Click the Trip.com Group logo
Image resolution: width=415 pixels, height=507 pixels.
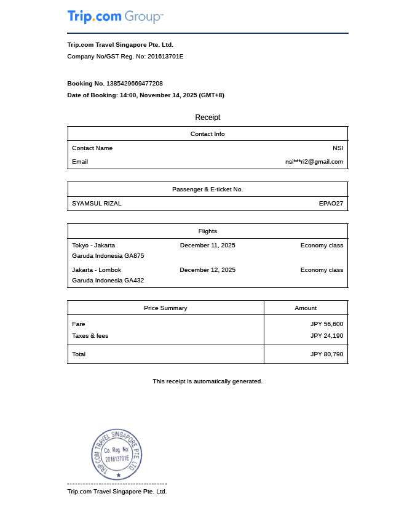[115, 17]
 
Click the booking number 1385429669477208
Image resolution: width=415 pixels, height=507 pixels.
[135, 83]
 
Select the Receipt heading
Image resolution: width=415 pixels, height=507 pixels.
[208, 118]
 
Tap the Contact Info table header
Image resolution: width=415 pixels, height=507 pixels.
[208, 134]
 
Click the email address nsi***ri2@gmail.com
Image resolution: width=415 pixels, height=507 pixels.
[314, 162]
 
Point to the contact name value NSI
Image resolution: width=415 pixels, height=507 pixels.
[338, 148]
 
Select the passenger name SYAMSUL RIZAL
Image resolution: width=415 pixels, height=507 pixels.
[97, 204]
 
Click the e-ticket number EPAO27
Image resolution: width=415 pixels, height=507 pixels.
[331, 204]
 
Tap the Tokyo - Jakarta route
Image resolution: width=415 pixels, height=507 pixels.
[93, 246]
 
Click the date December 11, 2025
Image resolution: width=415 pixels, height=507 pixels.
[208, 246]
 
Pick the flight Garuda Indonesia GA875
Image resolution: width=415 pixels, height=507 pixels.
[108, 256]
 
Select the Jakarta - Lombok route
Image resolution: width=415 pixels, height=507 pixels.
[97, 270]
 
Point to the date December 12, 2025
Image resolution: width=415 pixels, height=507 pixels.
[208, 270]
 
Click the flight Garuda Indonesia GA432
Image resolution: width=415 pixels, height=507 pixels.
[108, 281]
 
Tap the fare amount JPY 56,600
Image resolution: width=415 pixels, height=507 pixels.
[326, 324]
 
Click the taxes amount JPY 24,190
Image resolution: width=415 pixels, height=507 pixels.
[326, 336]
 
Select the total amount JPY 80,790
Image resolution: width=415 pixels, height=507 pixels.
[326, 354]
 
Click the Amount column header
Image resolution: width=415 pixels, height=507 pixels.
[306, 308]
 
